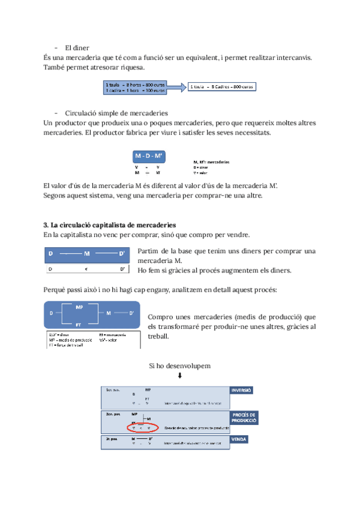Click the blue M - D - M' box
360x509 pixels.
point(148,155)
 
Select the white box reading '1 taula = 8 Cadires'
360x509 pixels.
point(221,87)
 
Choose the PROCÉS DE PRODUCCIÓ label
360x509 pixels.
point(244,418)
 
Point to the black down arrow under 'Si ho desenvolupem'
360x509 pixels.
point(179,376)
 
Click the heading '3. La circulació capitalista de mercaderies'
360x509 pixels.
point(110,224)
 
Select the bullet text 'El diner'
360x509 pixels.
point(77,47)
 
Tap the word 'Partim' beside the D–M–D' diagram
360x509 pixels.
point(148,251)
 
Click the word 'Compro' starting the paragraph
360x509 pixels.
point(160,316)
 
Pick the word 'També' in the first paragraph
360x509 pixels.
point(56,67)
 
